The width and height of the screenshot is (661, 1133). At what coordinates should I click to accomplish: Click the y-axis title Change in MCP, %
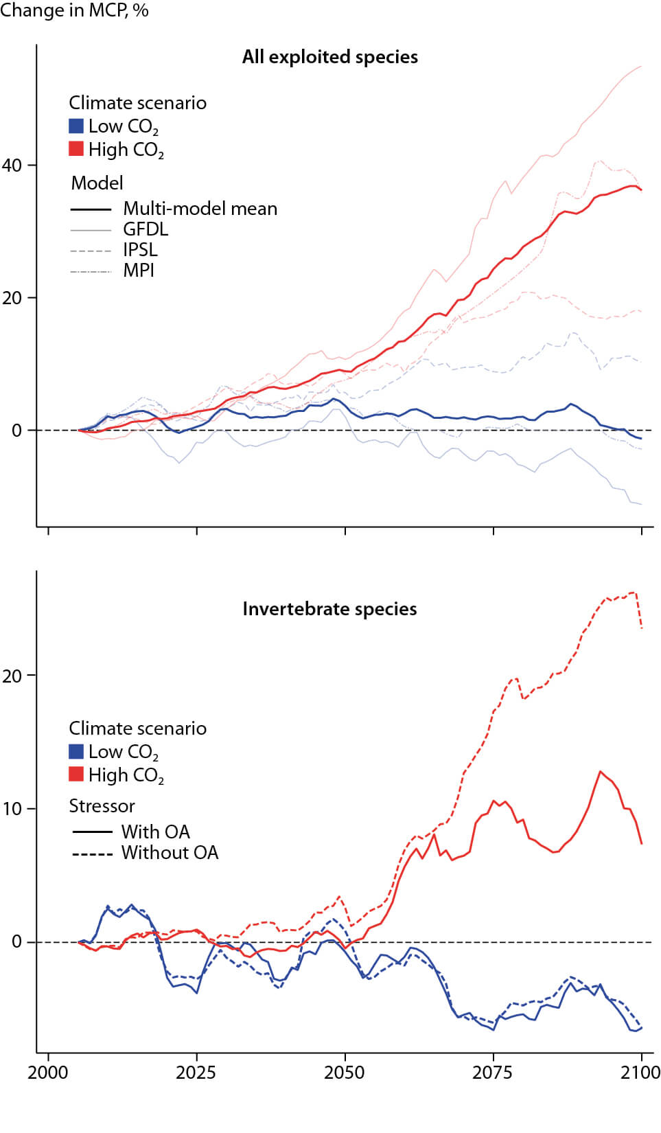[74, 10]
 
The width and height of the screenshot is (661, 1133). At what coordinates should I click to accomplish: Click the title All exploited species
[329, 57]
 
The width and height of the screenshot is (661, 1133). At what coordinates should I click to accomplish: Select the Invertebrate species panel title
[329, 609]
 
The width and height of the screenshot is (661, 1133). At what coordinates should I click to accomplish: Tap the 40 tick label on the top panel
[12, 165]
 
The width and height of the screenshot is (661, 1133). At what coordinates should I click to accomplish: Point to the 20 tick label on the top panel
[12, 298]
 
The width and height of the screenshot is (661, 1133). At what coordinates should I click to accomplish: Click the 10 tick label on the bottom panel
[12, 809]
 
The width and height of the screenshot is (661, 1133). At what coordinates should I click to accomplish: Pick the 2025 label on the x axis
[196, 1073]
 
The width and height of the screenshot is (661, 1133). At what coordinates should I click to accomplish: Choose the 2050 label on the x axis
[344, 1073]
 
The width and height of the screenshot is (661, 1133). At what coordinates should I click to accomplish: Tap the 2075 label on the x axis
[492, 1073]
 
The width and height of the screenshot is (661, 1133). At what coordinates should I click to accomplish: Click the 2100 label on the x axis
[640, 1073]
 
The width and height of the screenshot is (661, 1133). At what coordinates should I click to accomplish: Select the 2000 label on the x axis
[47, 1073]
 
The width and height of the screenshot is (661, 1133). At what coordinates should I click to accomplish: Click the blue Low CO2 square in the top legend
[76, 126]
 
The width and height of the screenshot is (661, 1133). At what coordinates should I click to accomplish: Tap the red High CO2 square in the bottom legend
[76, 774]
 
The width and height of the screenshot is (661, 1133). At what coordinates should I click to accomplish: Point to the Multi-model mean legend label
[200, 209]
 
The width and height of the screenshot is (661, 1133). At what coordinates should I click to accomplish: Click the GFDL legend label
[146, 229]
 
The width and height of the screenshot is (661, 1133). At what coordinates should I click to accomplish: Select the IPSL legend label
[140, 250]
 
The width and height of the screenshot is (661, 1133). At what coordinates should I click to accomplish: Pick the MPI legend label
[139, 271]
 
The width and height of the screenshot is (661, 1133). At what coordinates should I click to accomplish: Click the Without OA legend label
[170, 853]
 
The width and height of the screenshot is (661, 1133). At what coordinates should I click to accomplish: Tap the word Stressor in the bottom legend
[102, 806]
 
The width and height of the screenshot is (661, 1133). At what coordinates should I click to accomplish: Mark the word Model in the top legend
[97, 183]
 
